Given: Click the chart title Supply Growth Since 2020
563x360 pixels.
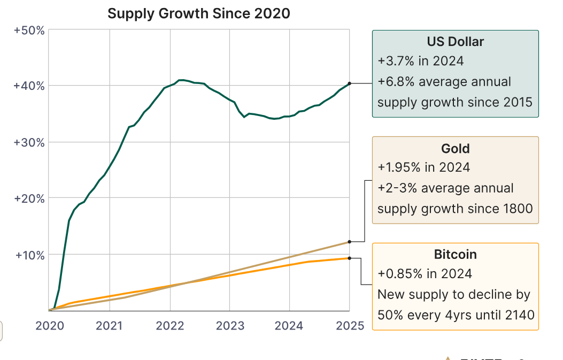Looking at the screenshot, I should [199, 13].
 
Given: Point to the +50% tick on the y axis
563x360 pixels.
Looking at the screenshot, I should [29, 30].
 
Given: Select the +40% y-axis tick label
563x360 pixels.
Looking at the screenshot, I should [29, 86].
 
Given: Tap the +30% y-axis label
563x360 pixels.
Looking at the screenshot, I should [29, 142].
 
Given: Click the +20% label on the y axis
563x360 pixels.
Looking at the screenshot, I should [29, 198].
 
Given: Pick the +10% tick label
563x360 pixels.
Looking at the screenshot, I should [29, 255].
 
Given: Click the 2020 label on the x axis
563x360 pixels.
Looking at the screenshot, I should [49, 326].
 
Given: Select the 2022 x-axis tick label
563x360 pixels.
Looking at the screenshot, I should [170, 326].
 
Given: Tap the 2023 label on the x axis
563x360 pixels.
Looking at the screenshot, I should [230, 326].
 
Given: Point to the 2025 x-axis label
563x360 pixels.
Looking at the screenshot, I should [349, 326].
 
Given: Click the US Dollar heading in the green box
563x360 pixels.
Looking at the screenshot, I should [456, 42].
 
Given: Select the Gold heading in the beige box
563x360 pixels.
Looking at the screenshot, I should [456, 148].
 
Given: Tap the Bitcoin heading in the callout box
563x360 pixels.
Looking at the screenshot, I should [456, 254].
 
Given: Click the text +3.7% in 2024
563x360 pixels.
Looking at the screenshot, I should [421, 61].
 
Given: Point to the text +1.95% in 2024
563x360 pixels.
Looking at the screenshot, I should [424, 167].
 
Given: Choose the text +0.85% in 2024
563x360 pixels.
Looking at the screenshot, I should [425, 274].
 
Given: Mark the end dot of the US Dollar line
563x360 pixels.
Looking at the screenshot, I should [349, 83].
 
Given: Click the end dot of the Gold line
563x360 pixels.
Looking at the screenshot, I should [349, 242].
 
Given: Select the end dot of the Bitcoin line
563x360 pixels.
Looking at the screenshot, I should [349, 258].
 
